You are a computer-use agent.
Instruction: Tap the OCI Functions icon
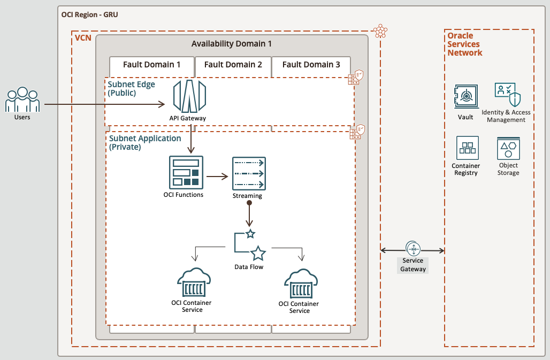pyautogui.click(x=186, y=172)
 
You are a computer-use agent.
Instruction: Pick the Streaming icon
pyautogui.click(x=249, y=173)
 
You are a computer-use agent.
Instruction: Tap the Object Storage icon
pyautogui.click(x=508, y=148)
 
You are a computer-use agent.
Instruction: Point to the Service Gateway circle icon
pyautogui.click(x=414, y=249)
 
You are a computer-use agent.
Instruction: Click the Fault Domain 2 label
pyautogui.click(x=233, y=65)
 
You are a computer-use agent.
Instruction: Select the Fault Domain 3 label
pyautogui.click(x=311, y=65)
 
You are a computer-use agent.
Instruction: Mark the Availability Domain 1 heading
pyautogui.click(x=232, y=44)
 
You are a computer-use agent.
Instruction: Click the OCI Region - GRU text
pyautogui.click(x=90, y=14)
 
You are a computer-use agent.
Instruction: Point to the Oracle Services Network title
pyautogui.click(x=465, y=44)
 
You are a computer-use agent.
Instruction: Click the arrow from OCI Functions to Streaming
pyautogui.click(x=217, y=175)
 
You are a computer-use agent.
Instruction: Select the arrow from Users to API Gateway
pyautogui.click(x=104, y=104)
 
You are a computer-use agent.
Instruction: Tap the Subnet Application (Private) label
pyautogui.click(x=145, y=142)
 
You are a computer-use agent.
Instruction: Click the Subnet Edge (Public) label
pyautogui.click(x=132, y=88)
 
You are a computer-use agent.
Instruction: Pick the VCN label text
pyautogui.click(x=83, y=39)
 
